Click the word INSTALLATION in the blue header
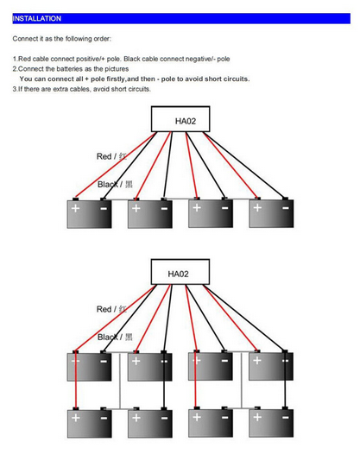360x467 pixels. point(36,18)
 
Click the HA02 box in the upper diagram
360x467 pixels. point(180,119)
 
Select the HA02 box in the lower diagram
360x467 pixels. point(180,272)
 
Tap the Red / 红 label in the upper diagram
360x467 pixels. point(111,156)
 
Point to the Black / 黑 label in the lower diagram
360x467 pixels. point(115,338)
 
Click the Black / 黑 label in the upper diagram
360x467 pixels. point(115,185)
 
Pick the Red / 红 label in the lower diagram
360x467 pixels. point(111,309)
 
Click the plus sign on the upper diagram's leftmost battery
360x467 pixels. point(76,208)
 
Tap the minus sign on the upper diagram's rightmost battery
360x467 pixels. point(286,208)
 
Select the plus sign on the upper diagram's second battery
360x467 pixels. point(136,208)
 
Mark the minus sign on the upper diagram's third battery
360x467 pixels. point(224,208)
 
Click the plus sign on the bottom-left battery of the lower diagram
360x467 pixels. point(76,418)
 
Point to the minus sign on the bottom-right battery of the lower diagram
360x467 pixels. point(286,417)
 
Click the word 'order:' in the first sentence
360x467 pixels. point(103,39)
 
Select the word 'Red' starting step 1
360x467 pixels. point(25,59)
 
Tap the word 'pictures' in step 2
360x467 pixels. point(117,69)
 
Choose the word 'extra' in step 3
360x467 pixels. point(60,89)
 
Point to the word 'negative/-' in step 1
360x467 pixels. point(200,59)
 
